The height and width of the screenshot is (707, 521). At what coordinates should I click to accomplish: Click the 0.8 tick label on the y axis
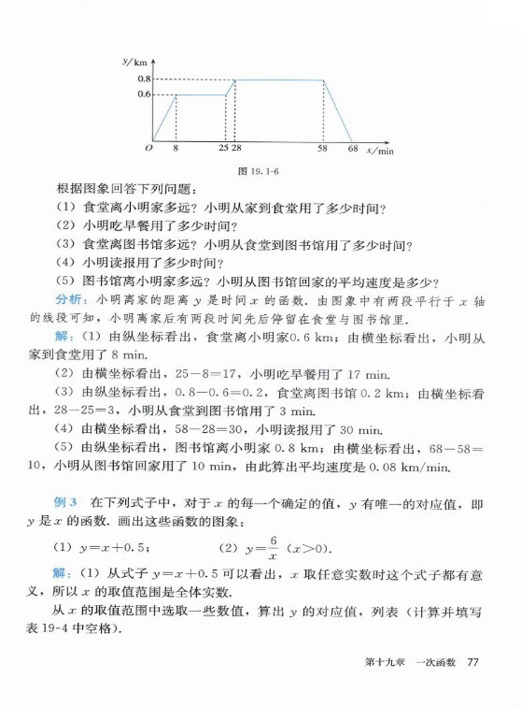pos(144,79)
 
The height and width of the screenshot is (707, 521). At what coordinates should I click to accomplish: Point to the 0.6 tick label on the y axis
pos(144,94)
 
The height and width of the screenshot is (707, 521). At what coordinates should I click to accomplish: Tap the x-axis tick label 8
pos(176,149)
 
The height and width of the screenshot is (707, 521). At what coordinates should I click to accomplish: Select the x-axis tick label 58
pos(323,149)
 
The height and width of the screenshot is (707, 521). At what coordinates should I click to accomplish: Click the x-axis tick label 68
pos(353,149)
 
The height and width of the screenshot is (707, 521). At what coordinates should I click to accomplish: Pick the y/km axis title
pos(135,62)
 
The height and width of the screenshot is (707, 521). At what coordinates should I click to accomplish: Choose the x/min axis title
pos(380,151)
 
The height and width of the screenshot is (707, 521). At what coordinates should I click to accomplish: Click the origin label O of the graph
pos(149,149)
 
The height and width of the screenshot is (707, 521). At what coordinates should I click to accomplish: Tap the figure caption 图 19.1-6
pos(258,171)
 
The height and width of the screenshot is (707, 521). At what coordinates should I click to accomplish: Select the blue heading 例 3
pos(65,503)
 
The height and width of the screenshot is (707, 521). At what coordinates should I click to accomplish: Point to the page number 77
pos(473,662)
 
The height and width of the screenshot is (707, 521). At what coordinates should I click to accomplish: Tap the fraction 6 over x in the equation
pos(273,548)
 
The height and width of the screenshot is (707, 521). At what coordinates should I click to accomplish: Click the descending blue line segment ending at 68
pos(338,110)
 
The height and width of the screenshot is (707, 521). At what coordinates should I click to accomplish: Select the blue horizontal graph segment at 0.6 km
pos(200,95)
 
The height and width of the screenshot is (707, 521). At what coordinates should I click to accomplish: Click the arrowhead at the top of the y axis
pos(153,61)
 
